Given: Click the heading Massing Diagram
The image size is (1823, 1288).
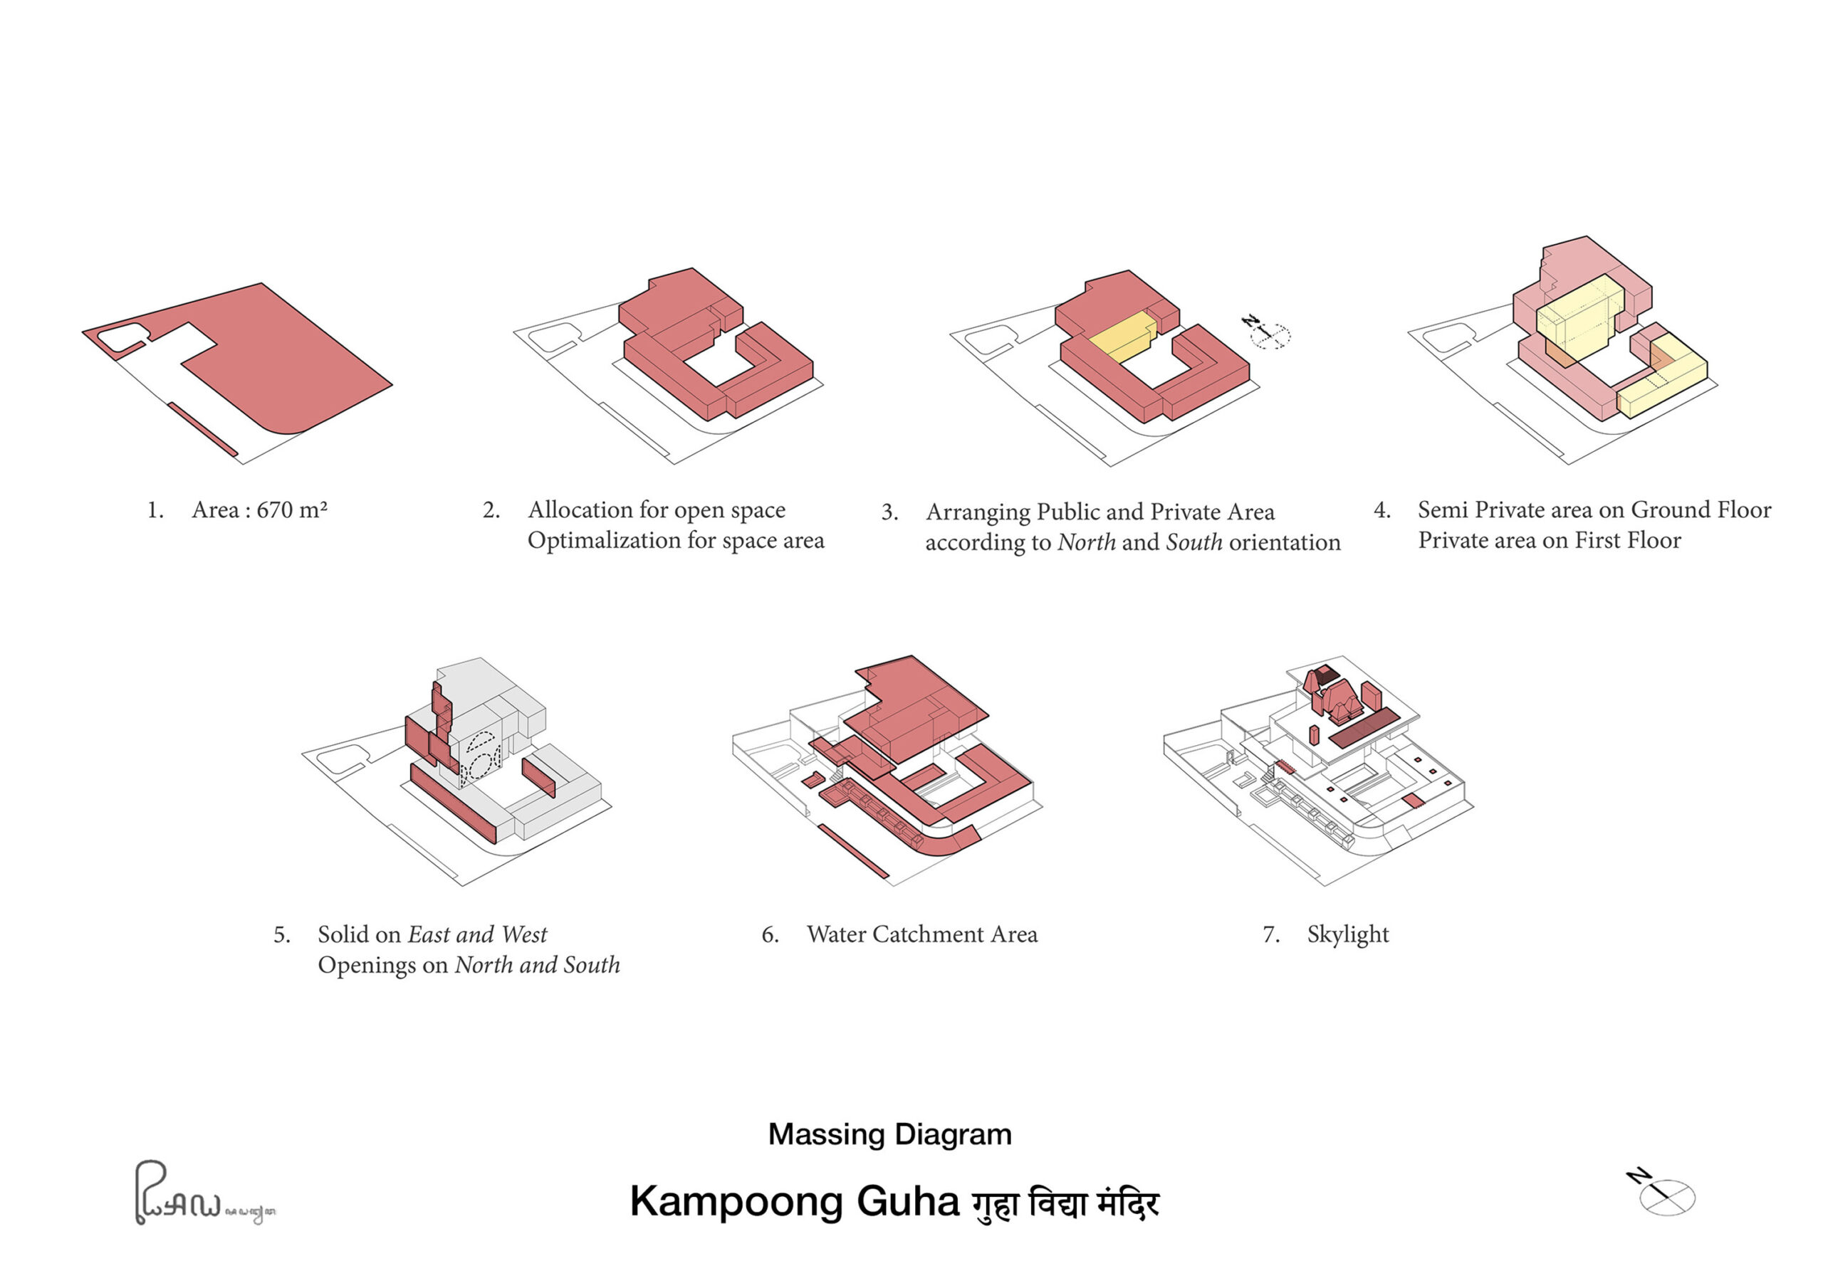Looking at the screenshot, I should click(889, 1134).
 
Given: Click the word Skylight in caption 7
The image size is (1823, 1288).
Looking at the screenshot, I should click(1347, 934).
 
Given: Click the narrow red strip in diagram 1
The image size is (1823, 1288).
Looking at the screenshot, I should click(202, 429).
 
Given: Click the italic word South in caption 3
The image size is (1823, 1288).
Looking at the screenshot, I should click(1193, 543).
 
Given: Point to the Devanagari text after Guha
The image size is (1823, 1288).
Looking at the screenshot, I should click(1065, 1203).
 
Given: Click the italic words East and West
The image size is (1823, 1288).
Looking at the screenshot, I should click(476, 935).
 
